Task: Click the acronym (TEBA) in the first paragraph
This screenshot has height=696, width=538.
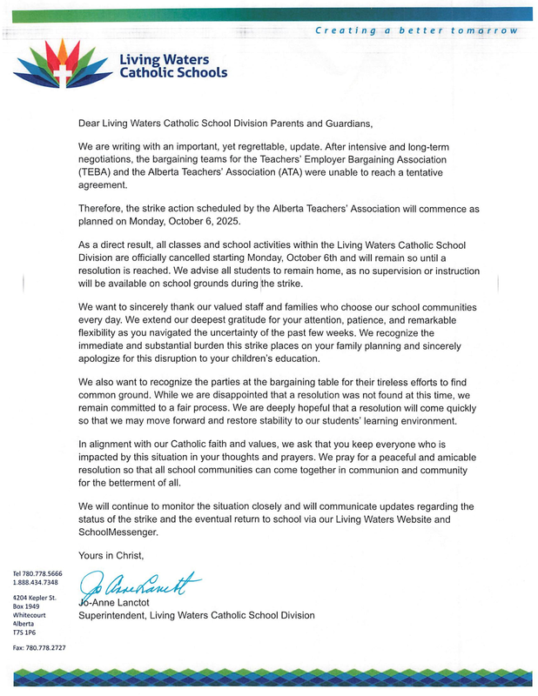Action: pos(95,172)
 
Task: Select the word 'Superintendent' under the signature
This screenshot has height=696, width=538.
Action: pos(112,615)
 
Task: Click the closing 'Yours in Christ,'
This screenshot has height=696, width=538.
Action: pos(111,555)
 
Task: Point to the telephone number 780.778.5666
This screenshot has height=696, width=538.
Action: pos(41,573)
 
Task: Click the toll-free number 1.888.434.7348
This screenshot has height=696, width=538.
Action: pos(36,582)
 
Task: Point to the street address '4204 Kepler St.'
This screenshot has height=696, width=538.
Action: pos(35,599)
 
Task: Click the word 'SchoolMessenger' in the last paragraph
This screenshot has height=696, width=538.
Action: pos(118,531)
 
